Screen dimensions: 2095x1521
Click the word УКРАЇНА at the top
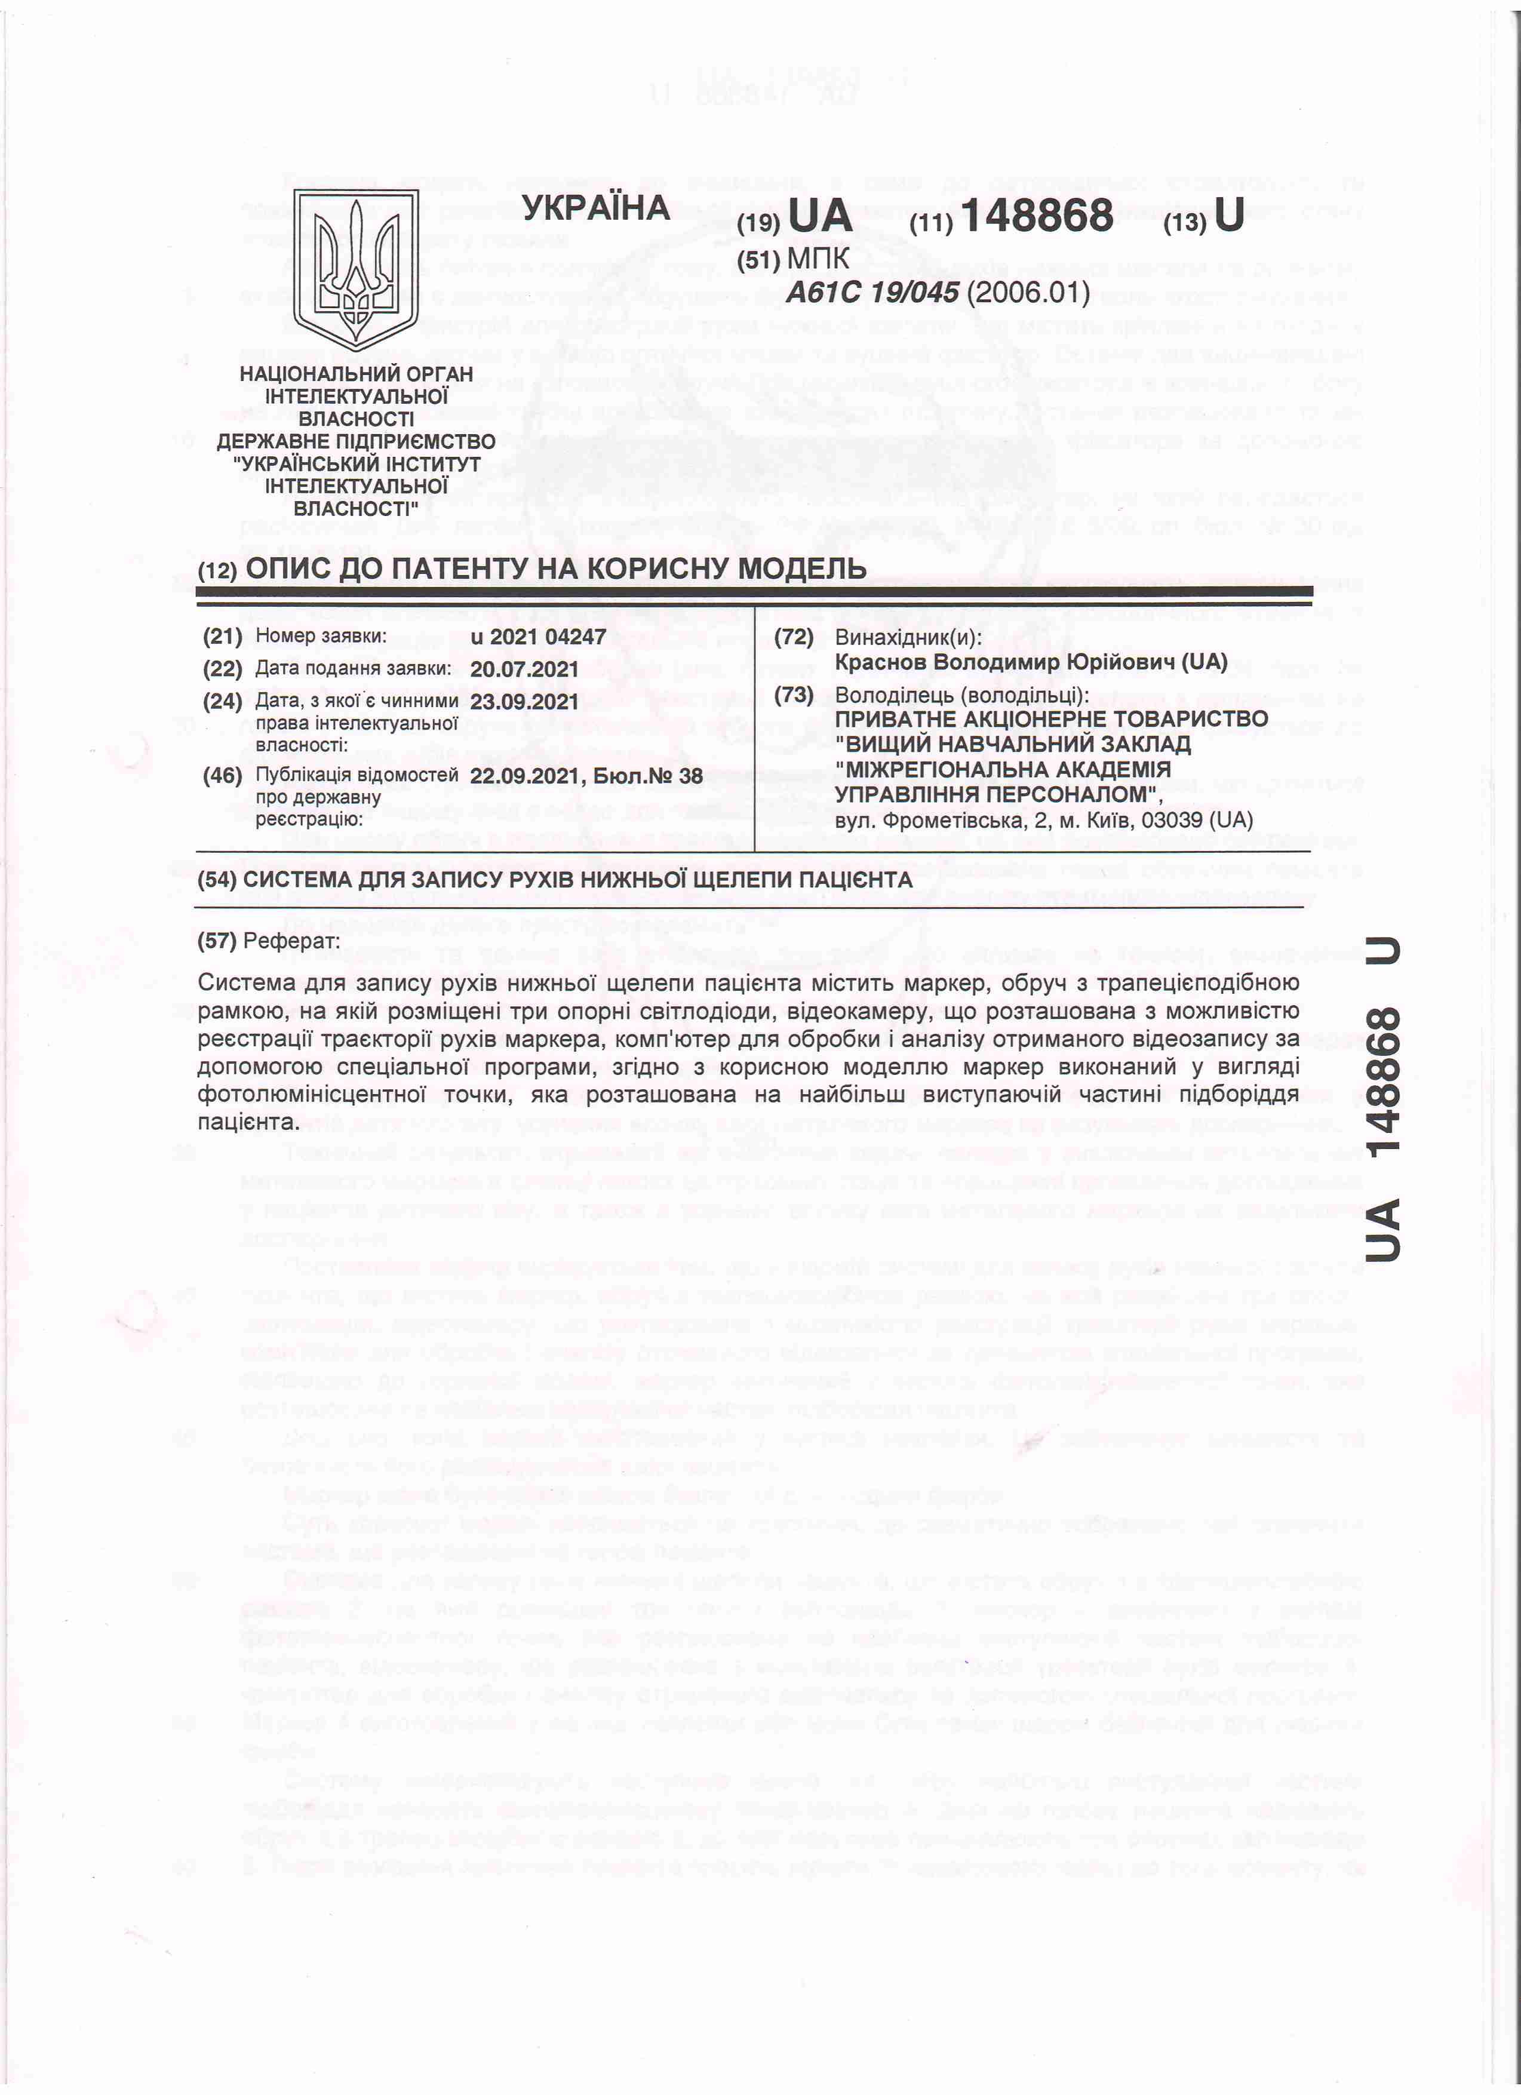pos(595,208)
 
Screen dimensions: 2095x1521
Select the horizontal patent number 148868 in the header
pos(1037,216)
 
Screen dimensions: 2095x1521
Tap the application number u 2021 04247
pos(537,637)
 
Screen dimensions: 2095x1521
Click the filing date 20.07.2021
pos(524,669)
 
